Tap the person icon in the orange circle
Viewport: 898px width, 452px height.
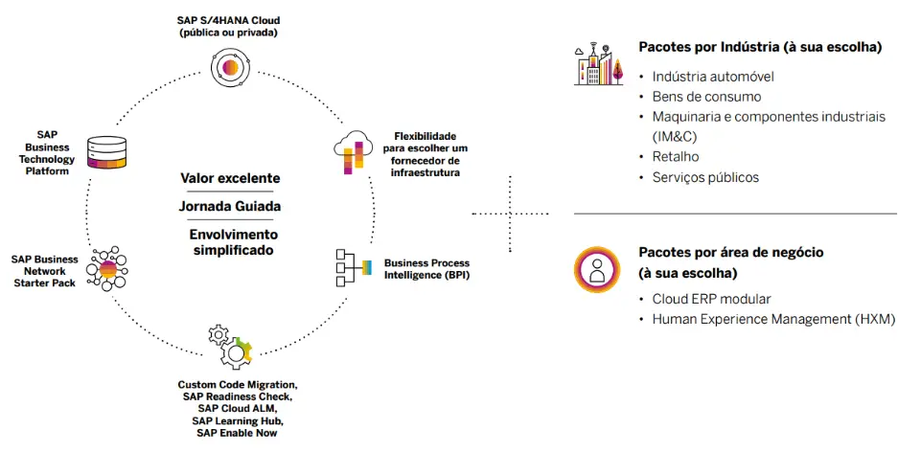pyautogui.click(x=597, y=269)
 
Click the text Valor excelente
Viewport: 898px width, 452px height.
pyautogui.click(x=230, y=177)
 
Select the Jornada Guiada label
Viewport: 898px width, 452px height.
pyautogui.click(x=230, y=206)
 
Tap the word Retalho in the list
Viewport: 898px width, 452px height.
pyautogui.click(x=676, y=157)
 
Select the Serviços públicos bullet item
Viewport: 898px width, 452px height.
pyautogui.click(x=705, y=177)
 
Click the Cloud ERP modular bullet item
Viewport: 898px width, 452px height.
pyautogui.click(x=711, y=299)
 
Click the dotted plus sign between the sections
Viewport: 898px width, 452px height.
pyautogui.click(x=510, y=214)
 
